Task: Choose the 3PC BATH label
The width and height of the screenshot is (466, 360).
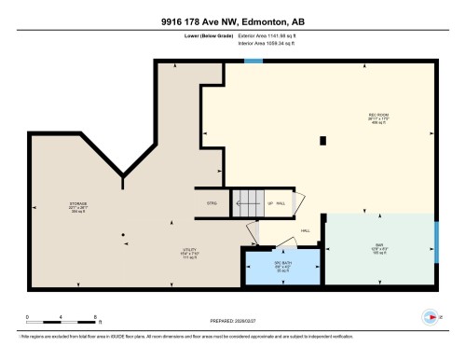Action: point(282,268)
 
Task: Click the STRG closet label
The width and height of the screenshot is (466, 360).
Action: point(212,202)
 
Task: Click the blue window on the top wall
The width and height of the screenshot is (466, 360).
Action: point(253,62)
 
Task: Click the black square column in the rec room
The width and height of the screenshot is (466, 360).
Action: point(322,141)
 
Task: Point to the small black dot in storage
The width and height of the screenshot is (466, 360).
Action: point(123,234)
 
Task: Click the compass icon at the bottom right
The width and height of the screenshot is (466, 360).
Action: point(430,315)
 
